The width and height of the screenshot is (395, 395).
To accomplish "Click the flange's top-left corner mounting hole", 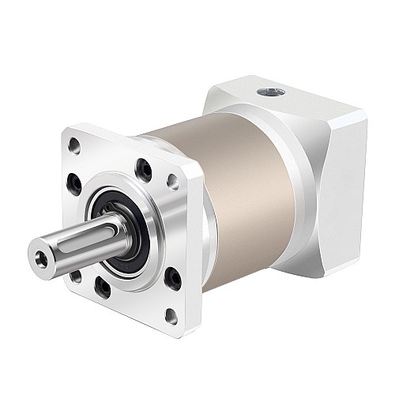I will (x=74, y=145).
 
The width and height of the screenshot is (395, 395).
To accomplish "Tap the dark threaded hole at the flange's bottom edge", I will (x=103, y=288).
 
